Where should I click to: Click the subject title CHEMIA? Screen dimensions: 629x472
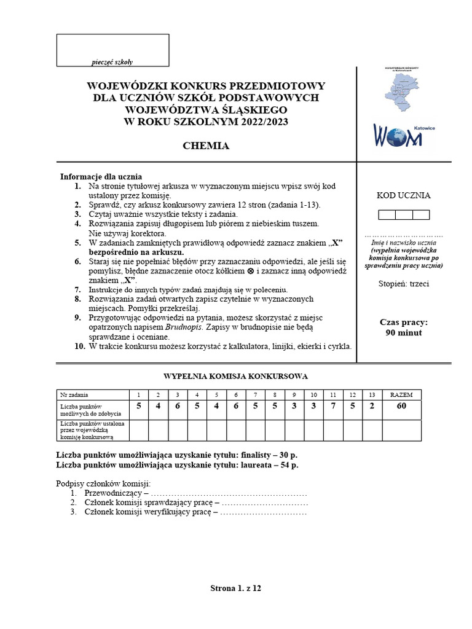point(206,146)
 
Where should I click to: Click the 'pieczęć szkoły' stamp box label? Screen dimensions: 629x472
point(112,61)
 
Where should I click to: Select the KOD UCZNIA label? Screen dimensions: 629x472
point(403,196)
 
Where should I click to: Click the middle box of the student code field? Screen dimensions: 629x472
point(404,214)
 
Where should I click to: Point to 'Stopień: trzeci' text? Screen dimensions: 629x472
point(403,284)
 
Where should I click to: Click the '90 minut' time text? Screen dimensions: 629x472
point(403,333)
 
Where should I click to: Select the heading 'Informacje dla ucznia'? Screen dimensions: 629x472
point(101,176)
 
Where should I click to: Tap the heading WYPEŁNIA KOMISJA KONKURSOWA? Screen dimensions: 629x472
point(235,376)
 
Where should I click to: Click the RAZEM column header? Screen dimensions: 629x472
point(402,394)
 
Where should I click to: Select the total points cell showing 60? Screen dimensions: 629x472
point(402,406)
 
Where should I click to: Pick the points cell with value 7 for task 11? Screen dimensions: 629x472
point(332,406)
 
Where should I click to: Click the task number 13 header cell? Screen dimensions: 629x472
point(371,394)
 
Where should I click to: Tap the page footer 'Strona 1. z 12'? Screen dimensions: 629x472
point(236,588)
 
